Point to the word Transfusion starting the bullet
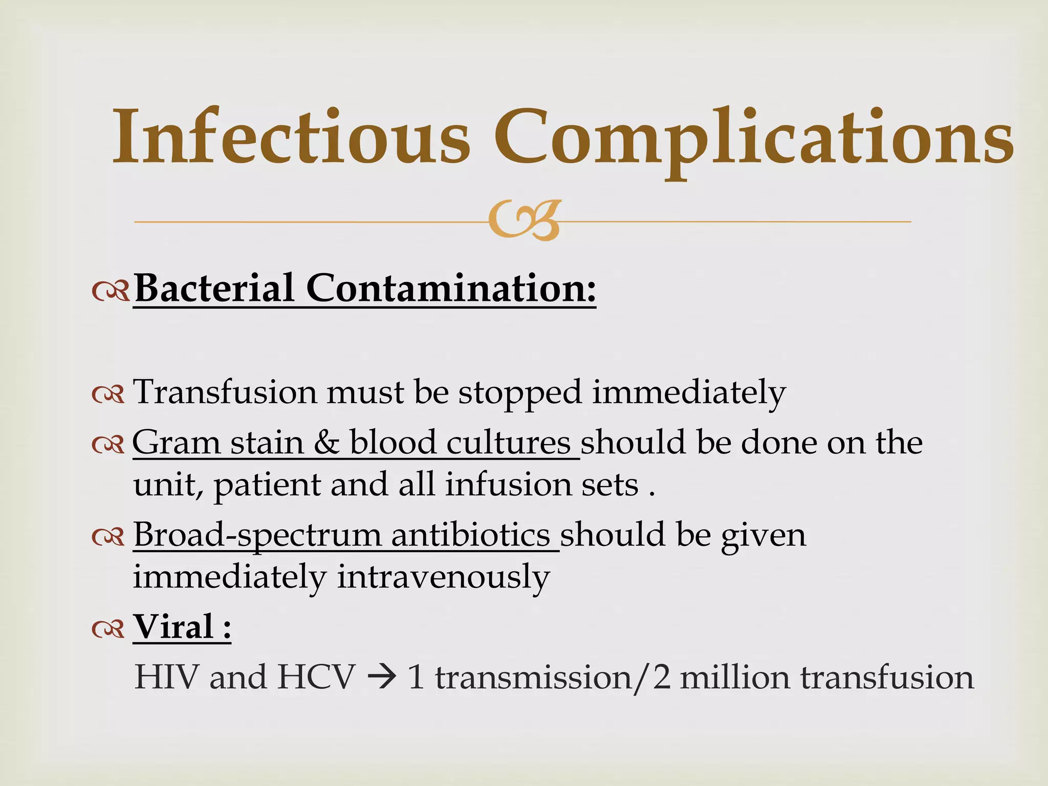(225, 392)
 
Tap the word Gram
(177, 443)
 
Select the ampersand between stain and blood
(326, 442)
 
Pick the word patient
(267, 486)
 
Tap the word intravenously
(443, 578)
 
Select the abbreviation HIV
(166, 677)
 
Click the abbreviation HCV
(316, 677)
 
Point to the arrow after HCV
(381, 678)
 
